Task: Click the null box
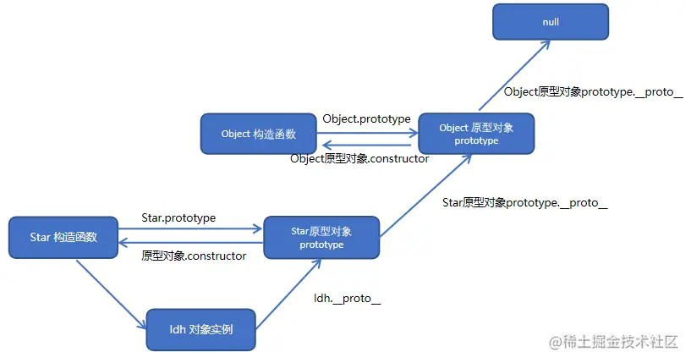pos(551,21)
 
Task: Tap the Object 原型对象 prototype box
pos(476,134)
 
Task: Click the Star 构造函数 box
pos(63,237)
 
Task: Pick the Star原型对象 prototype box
pos(321,237)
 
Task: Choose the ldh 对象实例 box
pos(200,329)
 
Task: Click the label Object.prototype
pos(366,118)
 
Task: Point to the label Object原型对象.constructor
pos(359,158)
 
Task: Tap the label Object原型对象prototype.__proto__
pos(593,91)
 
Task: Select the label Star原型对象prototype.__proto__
pos(524,203)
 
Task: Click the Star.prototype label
pos(178,217)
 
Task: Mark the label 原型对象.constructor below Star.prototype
pos(194,256)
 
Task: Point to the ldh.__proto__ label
pos(347,299)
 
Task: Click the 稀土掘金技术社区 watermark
pos(615,342)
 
